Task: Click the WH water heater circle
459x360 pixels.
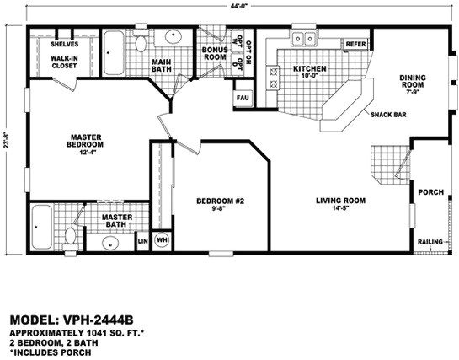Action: click(162, 240)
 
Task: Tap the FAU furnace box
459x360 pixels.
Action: click(243, 98)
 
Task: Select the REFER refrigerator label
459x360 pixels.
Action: click(356, 44)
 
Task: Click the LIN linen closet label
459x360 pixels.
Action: click(143, 241)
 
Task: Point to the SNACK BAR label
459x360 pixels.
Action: click(388, 115)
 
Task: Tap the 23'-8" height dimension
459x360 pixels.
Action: click(7, 140)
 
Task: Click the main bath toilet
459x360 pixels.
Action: click(141, 40)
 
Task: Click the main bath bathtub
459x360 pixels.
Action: click(114, 53)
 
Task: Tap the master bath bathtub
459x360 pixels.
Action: click(42, 227)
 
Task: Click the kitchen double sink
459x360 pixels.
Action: click(304, 38)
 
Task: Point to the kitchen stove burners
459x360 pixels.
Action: click(274, 78)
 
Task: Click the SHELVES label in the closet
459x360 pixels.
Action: click(64, 44)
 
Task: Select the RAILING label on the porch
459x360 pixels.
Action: click(430, 242)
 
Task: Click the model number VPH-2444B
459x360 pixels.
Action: click(99, 320)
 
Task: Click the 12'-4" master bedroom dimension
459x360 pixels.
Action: click(85, 152)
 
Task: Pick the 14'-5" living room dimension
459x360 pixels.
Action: click(340, 208)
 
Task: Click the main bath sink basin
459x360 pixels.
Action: click(173, 36)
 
